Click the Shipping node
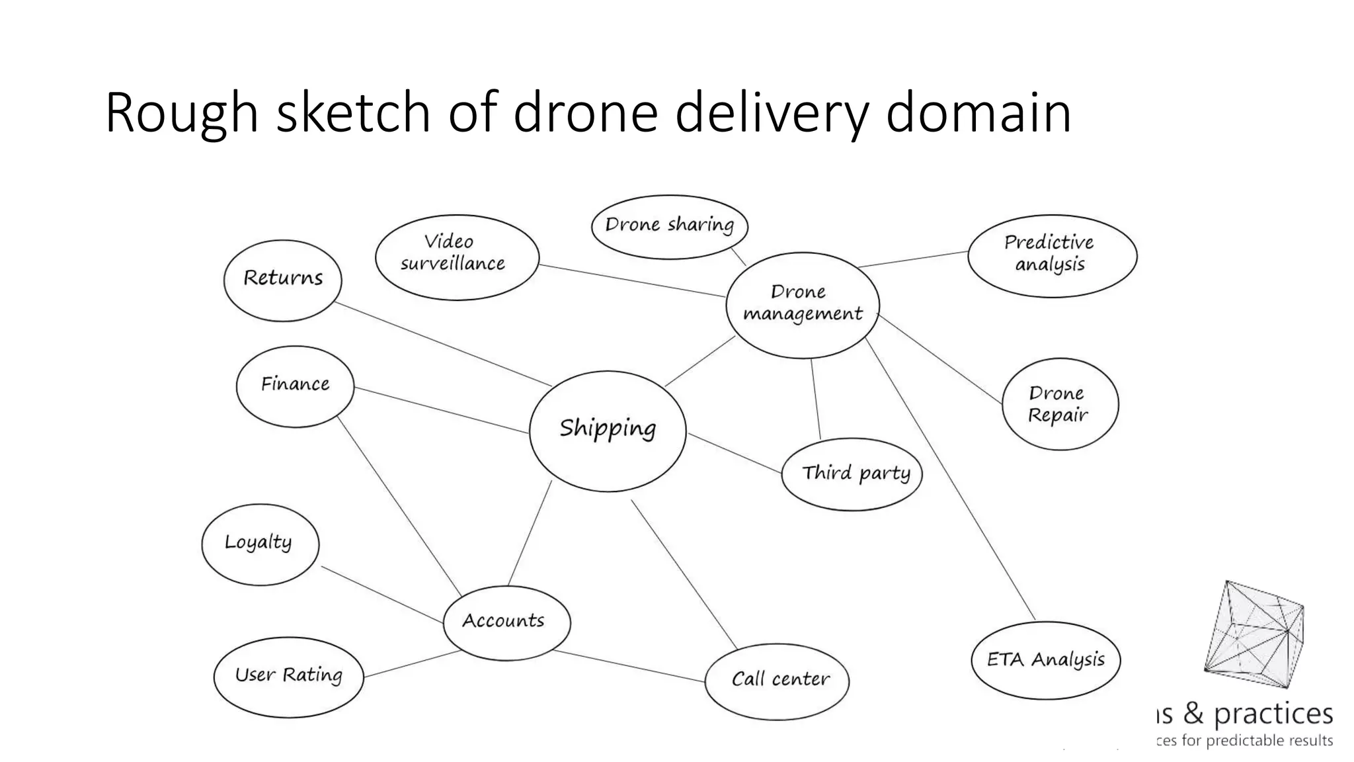point(608,430)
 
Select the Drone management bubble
point(803,304)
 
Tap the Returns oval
point(283,280)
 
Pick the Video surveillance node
point(456,256)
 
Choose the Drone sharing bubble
point(669,226)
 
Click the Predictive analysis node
point(1051,255)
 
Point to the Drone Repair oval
point(1060,404)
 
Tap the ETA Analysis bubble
point(1045,659)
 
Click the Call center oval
point(777,681)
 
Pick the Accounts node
point(506,622)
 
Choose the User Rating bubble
point(289,676)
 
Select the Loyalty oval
point(260,544)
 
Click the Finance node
point(295,386)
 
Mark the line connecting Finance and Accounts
point(399,505)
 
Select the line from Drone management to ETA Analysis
point(950,480)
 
